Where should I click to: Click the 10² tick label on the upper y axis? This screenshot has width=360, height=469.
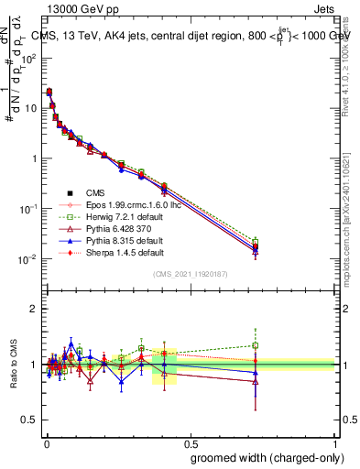pos(30,57)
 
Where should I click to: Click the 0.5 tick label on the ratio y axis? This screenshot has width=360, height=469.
pos(29,420)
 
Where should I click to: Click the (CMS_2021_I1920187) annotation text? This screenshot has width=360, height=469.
pos(190,274)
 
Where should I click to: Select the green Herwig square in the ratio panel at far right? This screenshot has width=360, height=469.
pos(256,345)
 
